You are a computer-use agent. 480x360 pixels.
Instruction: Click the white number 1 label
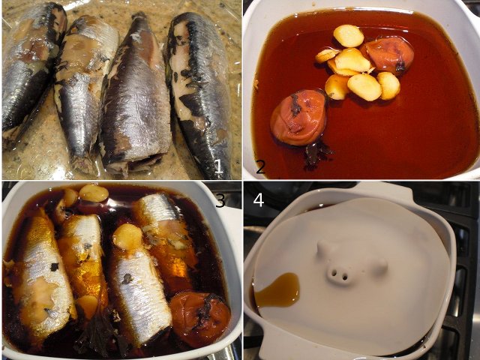[x=218, y=166]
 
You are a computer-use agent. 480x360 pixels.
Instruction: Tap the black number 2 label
[x=260, y=167]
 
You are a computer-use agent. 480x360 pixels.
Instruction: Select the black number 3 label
[x=220, y=200]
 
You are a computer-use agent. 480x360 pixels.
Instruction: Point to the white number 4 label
[x=258, y=200]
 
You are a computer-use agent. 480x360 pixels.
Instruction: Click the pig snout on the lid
[x=337, y=272]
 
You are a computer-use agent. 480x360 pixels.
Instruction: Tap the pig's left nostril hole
[x=334, y=272]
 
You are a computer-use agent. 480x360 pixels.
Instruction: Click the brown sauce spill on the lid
[x=278, y=290]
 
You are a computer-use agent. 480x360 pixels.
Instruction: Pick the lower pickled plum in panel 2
[x=298, y=118]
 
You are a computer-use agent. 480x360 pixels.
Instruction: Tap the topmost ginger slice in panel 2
[x=348, y=36]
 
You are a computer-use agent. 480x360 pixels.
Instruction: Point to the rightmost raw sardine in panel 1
[x=199, y=91]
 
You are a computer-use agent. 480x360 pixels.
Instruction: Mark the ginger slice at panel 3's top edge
[x=94, y=193]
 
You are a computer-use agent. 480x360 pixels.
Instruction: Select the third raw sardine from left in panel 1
[x=136, y=95]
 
